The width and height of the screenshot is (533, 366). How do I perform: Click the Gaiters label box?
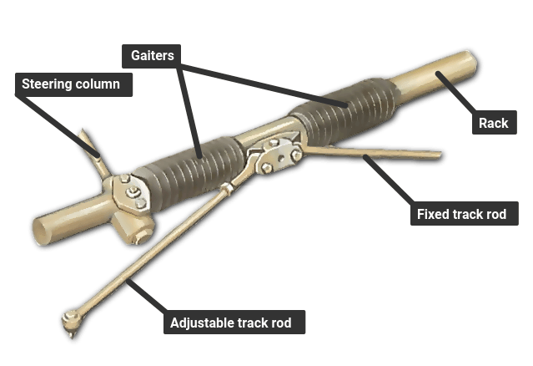pos(151,56)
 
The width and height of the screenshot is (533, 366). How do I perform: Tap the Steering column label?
pos(73,84)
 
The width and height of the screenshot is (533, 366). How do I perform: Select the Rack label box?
pos(495,123)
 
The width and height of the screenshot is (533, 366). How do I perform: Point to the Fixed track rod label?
pos(465,214)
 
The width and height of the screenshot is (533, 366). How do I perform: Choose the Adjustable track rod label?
pos(234,322)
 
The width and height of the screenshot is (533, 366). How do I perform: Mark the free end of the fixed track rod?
pos(438,155)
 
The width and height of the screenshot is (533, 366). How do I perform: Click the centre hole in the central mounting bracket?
pos(281,158)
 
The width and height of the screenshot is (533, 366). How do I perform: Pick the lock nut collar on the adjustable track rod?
pos(226,188)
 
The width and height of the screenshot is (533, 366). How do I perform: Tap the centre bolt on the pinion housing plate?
pos(133,192)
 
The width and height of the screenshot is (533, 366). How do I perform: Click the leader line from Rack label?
pos(457,92)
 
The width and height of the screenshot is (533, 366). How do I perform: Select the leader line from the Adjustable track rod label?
pos(146,297)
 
